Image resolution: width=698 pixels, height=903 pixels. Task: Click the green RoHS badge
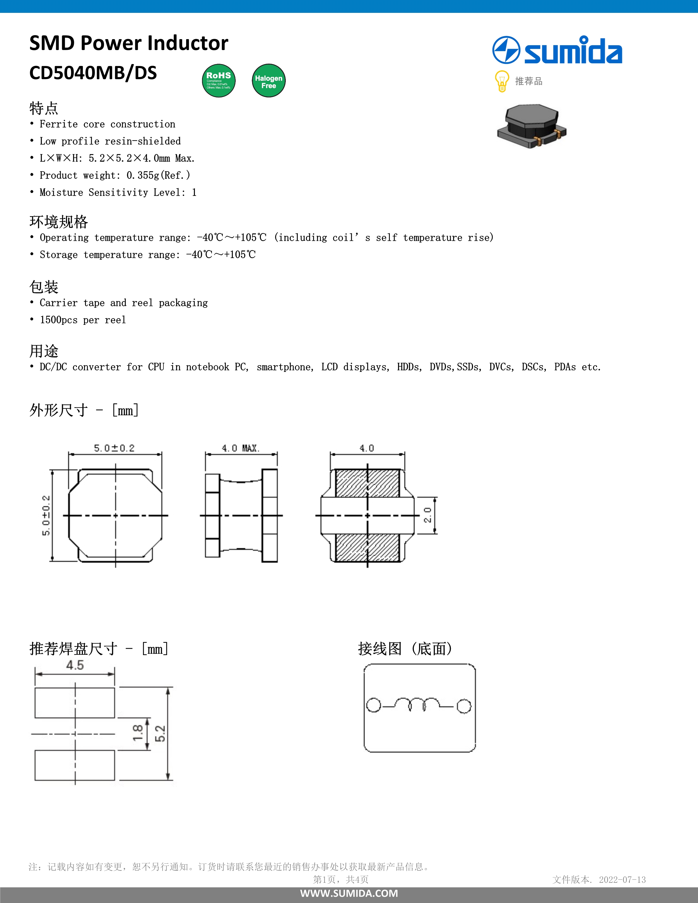218,81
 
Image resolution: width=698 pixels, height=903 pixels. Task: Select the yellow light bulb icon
501,81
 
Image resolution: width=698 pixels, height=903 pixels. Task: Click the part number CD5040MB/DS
93,73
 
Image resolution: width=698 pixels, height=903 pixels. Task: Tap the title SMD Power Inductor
129,43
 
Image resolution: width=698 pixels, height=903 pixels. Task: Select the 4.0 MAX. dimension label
240,448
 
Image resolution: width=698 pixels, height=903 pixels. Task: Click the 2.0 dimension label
428,515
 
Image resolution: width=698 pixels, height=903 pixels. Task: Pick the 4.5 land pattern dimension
75,665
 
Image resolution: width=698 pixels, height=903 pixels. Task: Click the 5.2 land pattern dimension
160,733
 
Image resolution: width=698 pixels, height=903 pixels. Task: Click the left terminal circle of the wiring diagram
373,705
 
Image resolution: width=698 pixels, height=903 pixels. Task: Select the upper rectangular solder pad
74,703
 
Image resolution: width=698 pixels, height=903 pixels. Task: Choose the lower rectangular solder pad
74,765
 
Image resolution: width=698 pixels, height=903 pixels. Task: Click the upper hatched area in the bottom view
367,483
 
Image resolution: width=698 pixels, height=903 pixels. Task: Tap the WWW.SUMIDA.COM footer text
349,893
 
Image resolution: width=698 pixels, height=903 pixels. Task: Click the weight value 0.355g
143,175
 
